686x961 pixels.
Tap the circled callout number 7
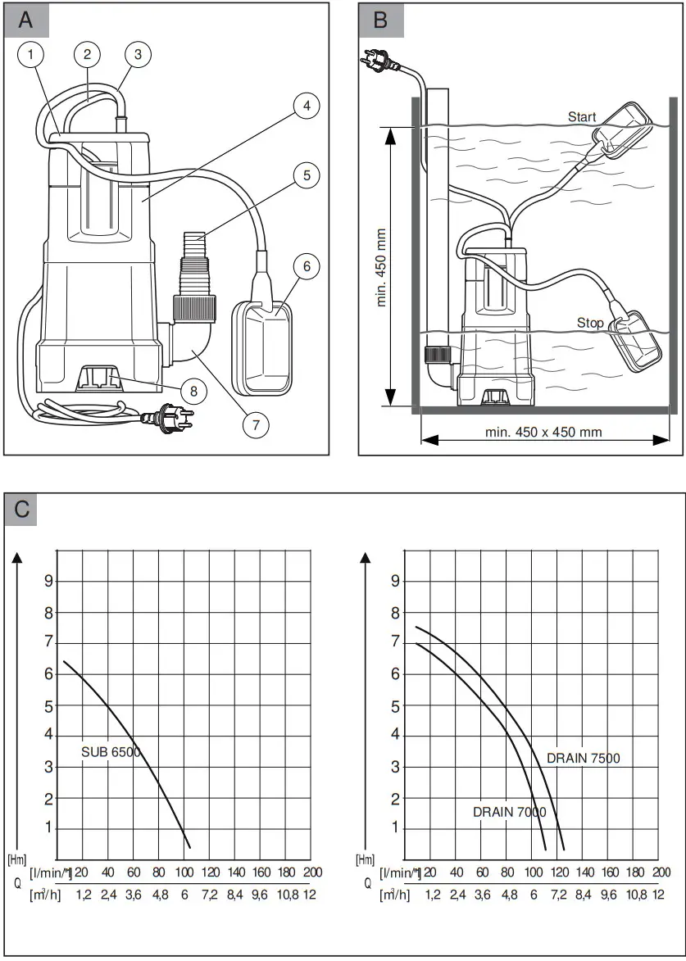255,424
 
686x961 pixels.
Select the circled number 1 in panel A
31,55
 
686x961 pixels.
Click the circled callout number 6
305,267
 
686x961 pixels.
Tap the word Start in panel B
582,117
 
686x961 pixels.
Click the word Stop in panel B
589,323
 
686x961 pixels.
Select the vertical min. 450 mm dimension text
381,267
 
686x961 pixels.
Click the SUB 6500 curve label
111,750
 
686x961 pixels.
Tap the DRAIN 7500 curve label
584,758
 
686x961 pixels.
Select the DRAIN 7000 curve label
509,811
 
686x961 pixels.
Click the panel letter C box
22,508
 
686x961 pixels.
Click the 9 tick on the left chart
48,581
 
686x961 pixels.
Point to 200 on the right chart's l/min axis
661,873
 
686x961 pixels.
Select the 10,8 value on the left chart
287,895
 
